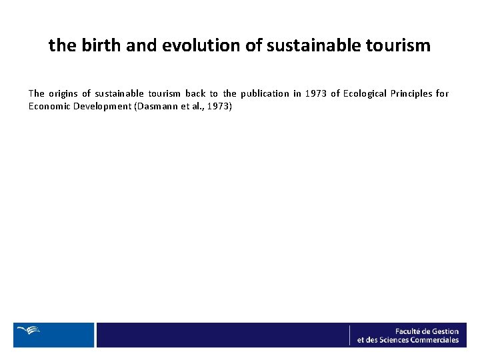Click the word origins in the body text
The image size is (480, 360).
pyautogui.click(x=63, y=93)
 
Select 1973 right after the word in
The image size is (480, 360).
pyautogui.click(x=317, y=93)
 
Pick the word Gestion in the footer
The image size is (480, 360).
pyautogui.click(x=445, y=331)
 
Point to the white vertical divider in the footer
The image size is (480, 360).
pyautogui.click(x=349, y=335)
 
